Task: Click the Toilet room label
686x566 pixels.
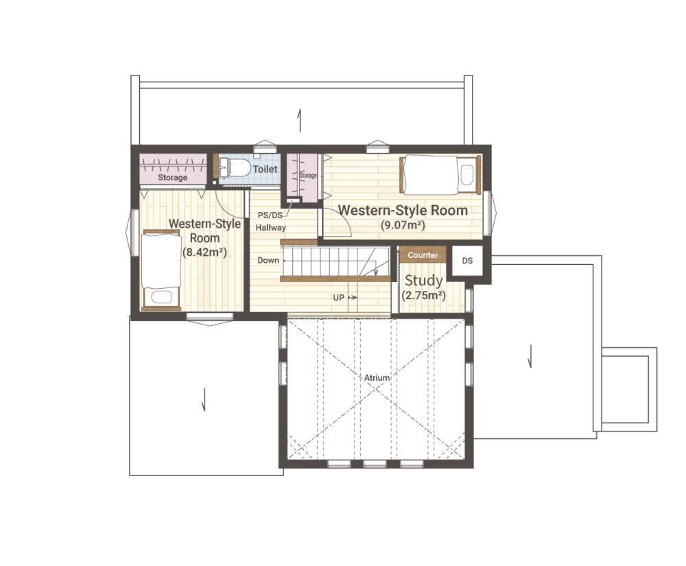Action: click(265, 169)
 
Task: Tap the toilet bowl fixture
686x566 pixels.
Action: click(239, 167)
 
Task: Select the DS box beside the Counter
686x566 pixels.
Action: click(467, 261)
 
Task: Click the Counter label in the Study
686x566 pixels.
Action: click(423, 255)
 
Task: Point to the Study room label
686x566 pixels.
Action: click(423, 280)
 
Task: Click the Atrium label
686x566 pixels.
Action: click(377, 377)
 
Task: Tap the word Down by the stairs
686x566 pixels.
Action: click(268, 260)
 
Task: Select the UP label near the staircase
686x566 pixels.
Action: click(339, 298)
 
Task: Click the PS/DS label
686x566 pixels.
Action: click(270, 215)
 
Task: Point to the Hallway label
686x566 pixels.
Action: click(271, 228)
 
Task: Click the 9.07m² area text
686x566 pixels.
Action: click(403, 225)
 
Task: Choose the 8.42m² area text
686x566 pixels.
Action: click(204, 252)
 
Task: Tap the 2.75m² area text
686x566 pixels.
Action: click(423, 295)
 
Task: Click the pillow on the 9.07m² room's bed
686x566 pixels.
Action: click(467, 175)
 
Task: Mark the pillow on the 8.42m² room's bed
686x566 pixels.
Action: click(161, 298)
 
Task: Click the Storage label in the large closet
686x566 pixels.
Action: click(172, 178)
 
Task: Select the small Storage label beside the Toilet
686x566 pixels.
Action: click(307, 176)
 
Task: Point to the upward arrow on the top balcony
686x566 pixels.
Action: click(300, 121)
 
